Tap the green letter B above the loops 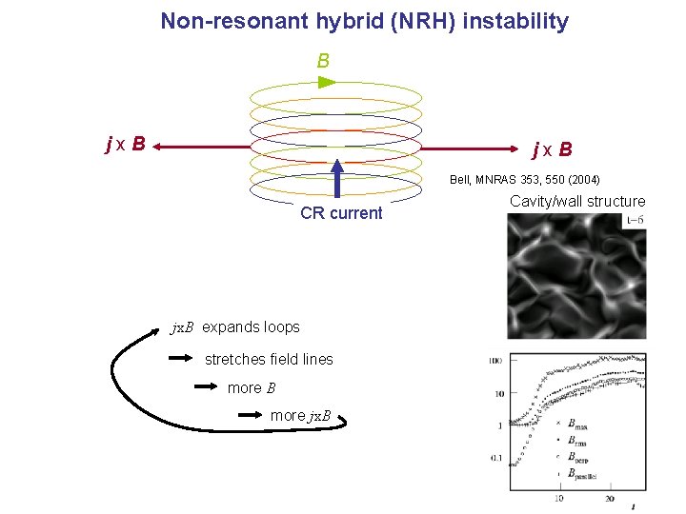tap(323, 61)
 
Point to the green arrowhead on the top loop tap(327, 83)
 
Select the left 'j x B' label tap(126, 145)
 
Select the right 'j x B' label tap(553, 149)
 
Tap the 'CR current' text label tap(341, 213)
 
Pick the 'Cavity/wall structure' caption tap(577, 201)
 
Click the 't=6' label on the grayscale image tap(634, 220)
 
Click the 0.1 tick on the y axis tap(495, 458)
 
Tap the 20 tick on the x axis tap(610, 499)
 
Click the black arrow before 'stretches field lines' tap(182, 359)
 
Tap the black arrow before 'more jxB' tap(251, 415)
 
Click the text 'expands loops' tap(251, 327)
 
